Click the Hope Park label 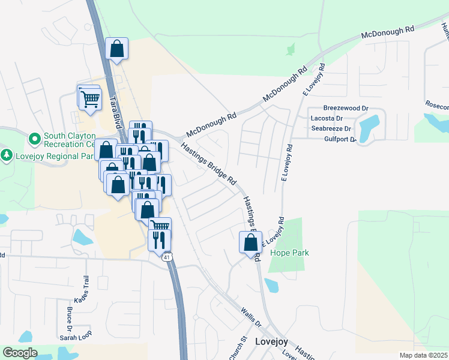click(289, 253)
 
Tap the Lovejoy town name click(271, 341)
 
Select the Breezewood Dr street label click(345, 109)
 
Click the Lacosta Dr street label click(326, 119)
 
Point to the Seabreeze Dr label click(332, 129)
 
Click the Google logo click(20, 353)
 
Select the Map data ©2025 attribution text click(423, 355)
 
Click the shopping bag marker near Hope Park click(250, 243)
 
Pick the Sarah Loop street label click(76, 338)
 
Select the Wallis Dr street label click(251, 317)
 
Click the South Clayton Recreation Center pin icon click(34, 139)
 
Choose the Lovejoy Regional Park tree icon click(7, 155)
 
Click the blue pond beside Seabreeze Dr click(368, 125)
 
